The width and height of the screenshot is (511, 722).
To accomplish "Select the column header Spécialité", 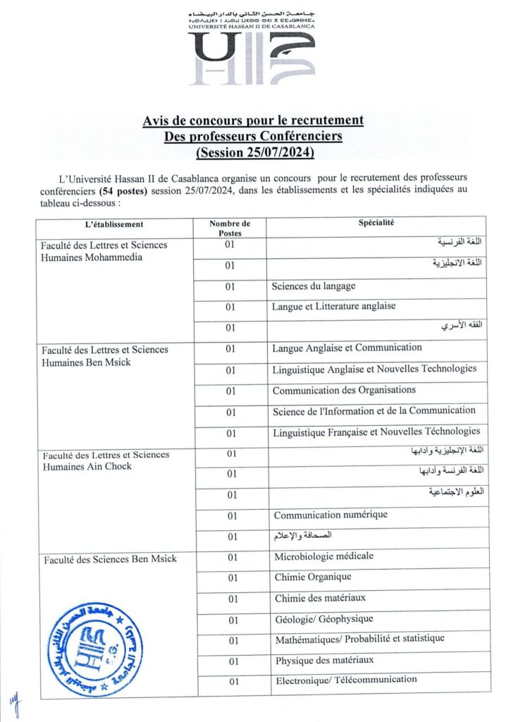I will [376, 224].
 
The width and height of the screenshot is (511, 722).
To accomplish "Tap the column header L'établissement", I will [113, 224].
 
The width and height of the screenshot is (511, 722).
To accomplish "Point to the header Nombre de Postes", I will [230, 228].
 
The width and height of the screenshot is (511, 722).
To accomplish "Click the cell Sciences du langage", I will [314, 286].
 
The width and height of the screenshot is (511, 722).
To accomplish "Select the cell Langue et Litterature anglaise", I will [333, 307].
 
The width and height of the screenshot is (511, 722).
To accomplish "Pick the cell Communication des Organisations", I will [344, 390].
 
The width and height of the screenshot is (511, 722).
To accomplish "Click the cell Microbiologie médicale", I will [324, 556].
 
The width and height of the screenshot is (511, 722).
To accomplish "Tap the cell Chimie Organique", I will [313, 577].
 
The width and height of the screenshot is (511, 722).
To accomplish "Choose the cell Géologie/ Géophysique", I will [324, 619].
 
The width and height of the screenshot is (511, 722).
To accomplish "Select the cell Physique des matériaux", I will [324, 660].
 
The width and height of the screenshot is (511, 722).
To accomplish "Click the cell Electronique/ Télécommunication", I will [345, 680].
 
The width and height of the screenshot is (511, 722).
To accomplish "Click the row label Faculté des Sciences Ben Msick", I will [110, 559].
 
